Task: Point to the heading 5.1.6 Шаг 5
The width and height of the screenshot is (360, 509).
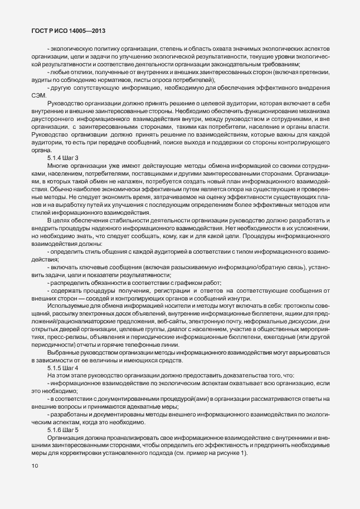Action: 63,429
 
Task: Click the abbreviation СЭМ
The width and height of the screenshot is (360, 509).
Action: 40,95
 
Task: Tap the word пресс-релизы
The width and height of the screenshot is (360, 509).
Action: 62,338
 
